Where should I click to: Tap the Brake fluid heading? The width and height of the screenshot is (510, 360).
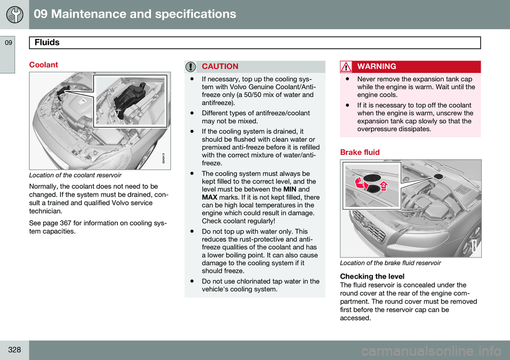(x=360, y=152)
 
